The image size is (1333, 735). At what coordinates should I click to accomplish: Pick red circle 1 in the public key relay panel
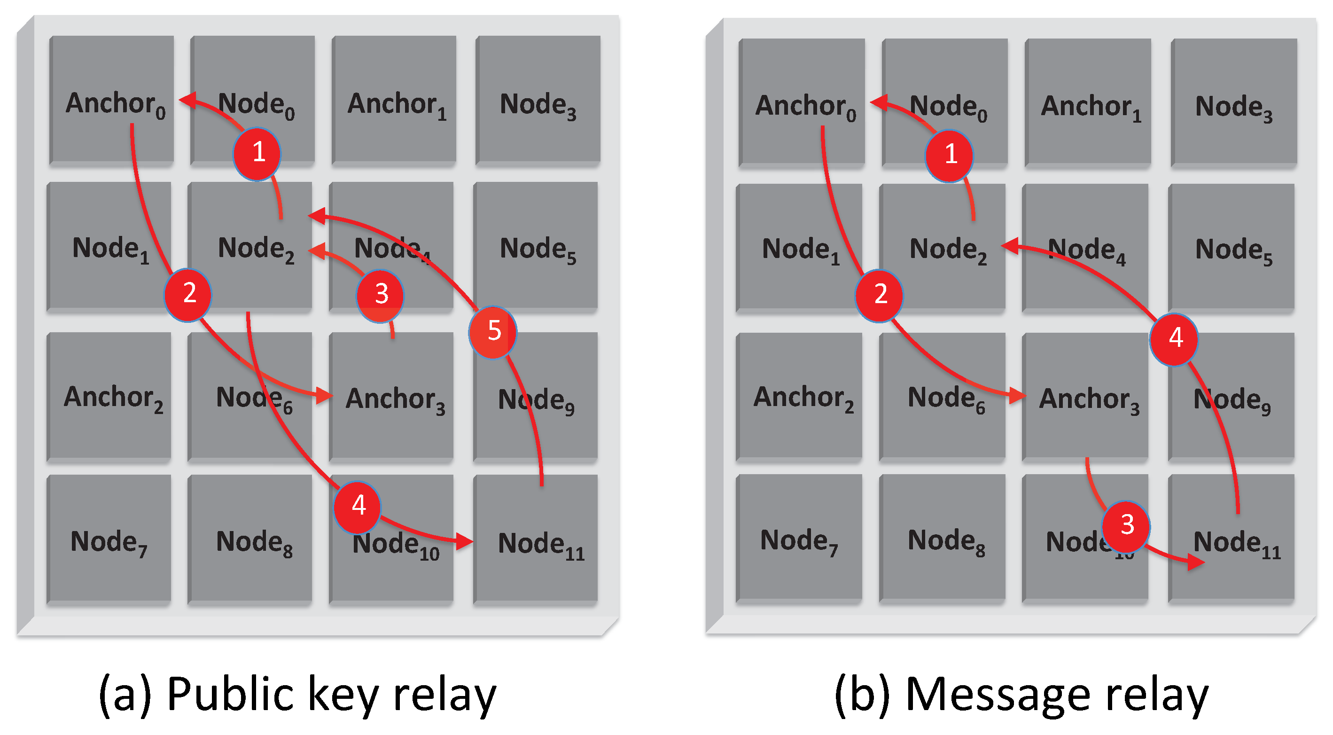click(257, 153)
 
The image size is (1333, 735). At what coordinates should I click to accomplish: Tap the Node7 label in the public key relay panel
click(109, 543)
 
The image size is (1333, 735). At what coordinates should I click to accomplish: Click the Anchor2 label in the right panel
click(803, 399)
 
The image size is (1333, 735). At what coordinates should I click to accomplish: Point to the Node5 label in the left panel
click(537, 250)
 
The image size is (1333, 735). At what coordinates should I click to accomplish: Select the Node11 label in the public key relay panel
click(541, 545)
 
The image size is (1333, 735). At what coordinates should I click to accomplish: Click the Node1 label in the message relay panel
click(801, 250)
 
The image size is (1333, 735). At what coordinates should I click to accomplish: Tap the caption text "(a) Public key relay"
click(297, 694)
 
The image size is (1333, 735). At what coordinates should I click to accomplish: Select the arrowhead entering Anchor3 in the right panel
click(1017, 396)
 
